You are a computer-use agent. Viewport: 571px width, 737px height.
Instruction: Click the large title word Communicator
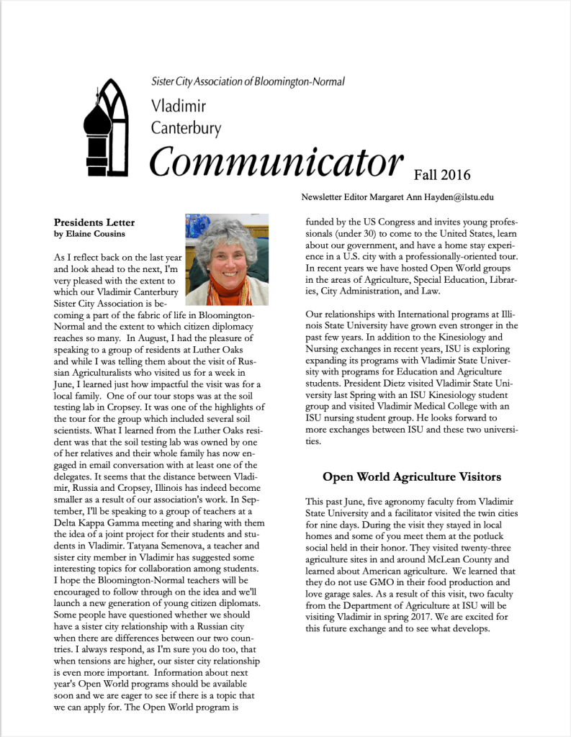(276, 162)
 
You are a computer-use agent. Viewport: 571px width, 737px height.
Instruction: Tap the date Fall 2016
(442, 175)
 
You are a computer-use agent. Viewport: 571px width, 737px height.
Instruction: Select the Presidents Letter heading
(94, 222)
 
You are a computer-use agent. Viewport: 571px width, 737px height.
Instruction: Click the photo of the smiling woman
(226, 259)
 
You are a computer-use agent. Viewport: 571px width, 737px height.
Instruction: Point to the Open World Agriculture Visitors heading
(412, 476)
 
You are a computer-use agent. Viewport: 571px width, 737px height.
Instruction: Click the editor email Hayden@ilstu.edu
(460, 197)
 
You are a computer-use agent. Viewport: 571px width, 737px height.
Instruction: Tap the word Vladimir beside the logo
(179, 107)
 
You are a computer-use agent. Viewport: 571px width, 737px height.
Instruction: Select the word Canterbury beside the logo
(186, 129)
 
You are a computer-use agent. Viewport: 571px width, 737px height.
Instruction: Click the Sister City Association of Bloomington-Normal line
(248, 82)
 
